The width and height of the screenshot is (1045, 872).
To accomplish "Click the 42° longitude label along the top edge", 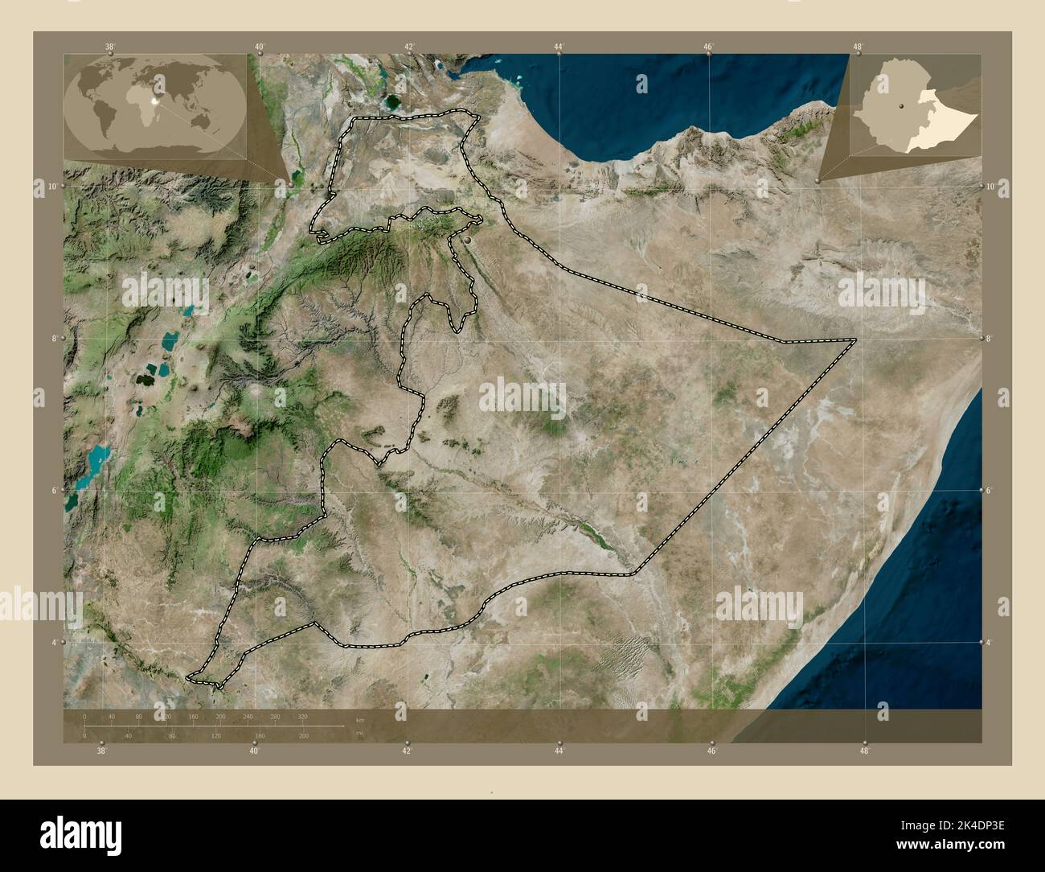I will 409,47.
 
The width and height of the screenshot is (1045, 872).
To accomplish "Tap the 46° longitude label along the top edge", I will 709,47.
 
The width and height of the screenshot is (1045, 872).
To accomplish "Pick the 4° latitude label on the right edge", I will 990,643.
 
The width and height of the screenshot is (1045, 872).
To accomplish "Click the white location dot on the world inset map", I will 158,81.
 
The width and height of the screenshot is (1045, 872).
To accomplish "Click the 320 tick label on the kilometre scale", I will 303,715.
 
